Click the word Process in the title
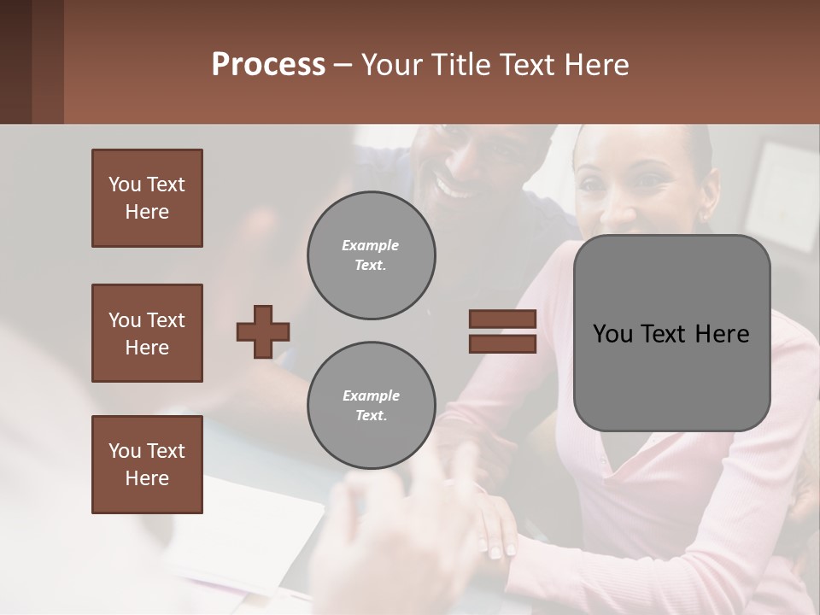(268, 65)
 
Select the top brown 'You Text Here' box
(147, 198)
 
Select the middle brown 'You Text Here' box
(147, 333)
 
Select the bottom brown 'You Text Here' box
(147, 465)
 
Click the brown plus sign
(263, 331)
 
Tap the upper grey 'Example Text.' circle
(371, 255)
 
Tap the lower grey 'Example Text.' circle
(371, 406)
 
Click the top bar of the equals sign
(503, 319)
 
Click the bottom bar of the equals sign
(503, 343)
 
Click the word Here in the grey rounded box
(722, 334)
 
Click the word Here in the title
(594, 65)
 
